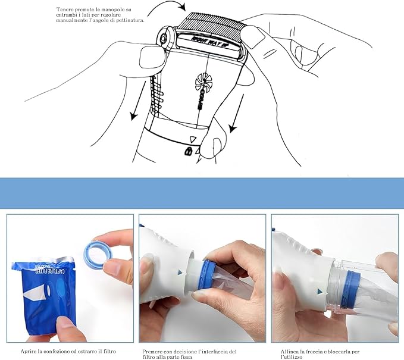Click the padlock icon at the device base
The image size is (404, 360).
[189, 151]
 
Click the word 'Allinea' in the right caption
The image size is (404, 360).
[290, 352]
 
